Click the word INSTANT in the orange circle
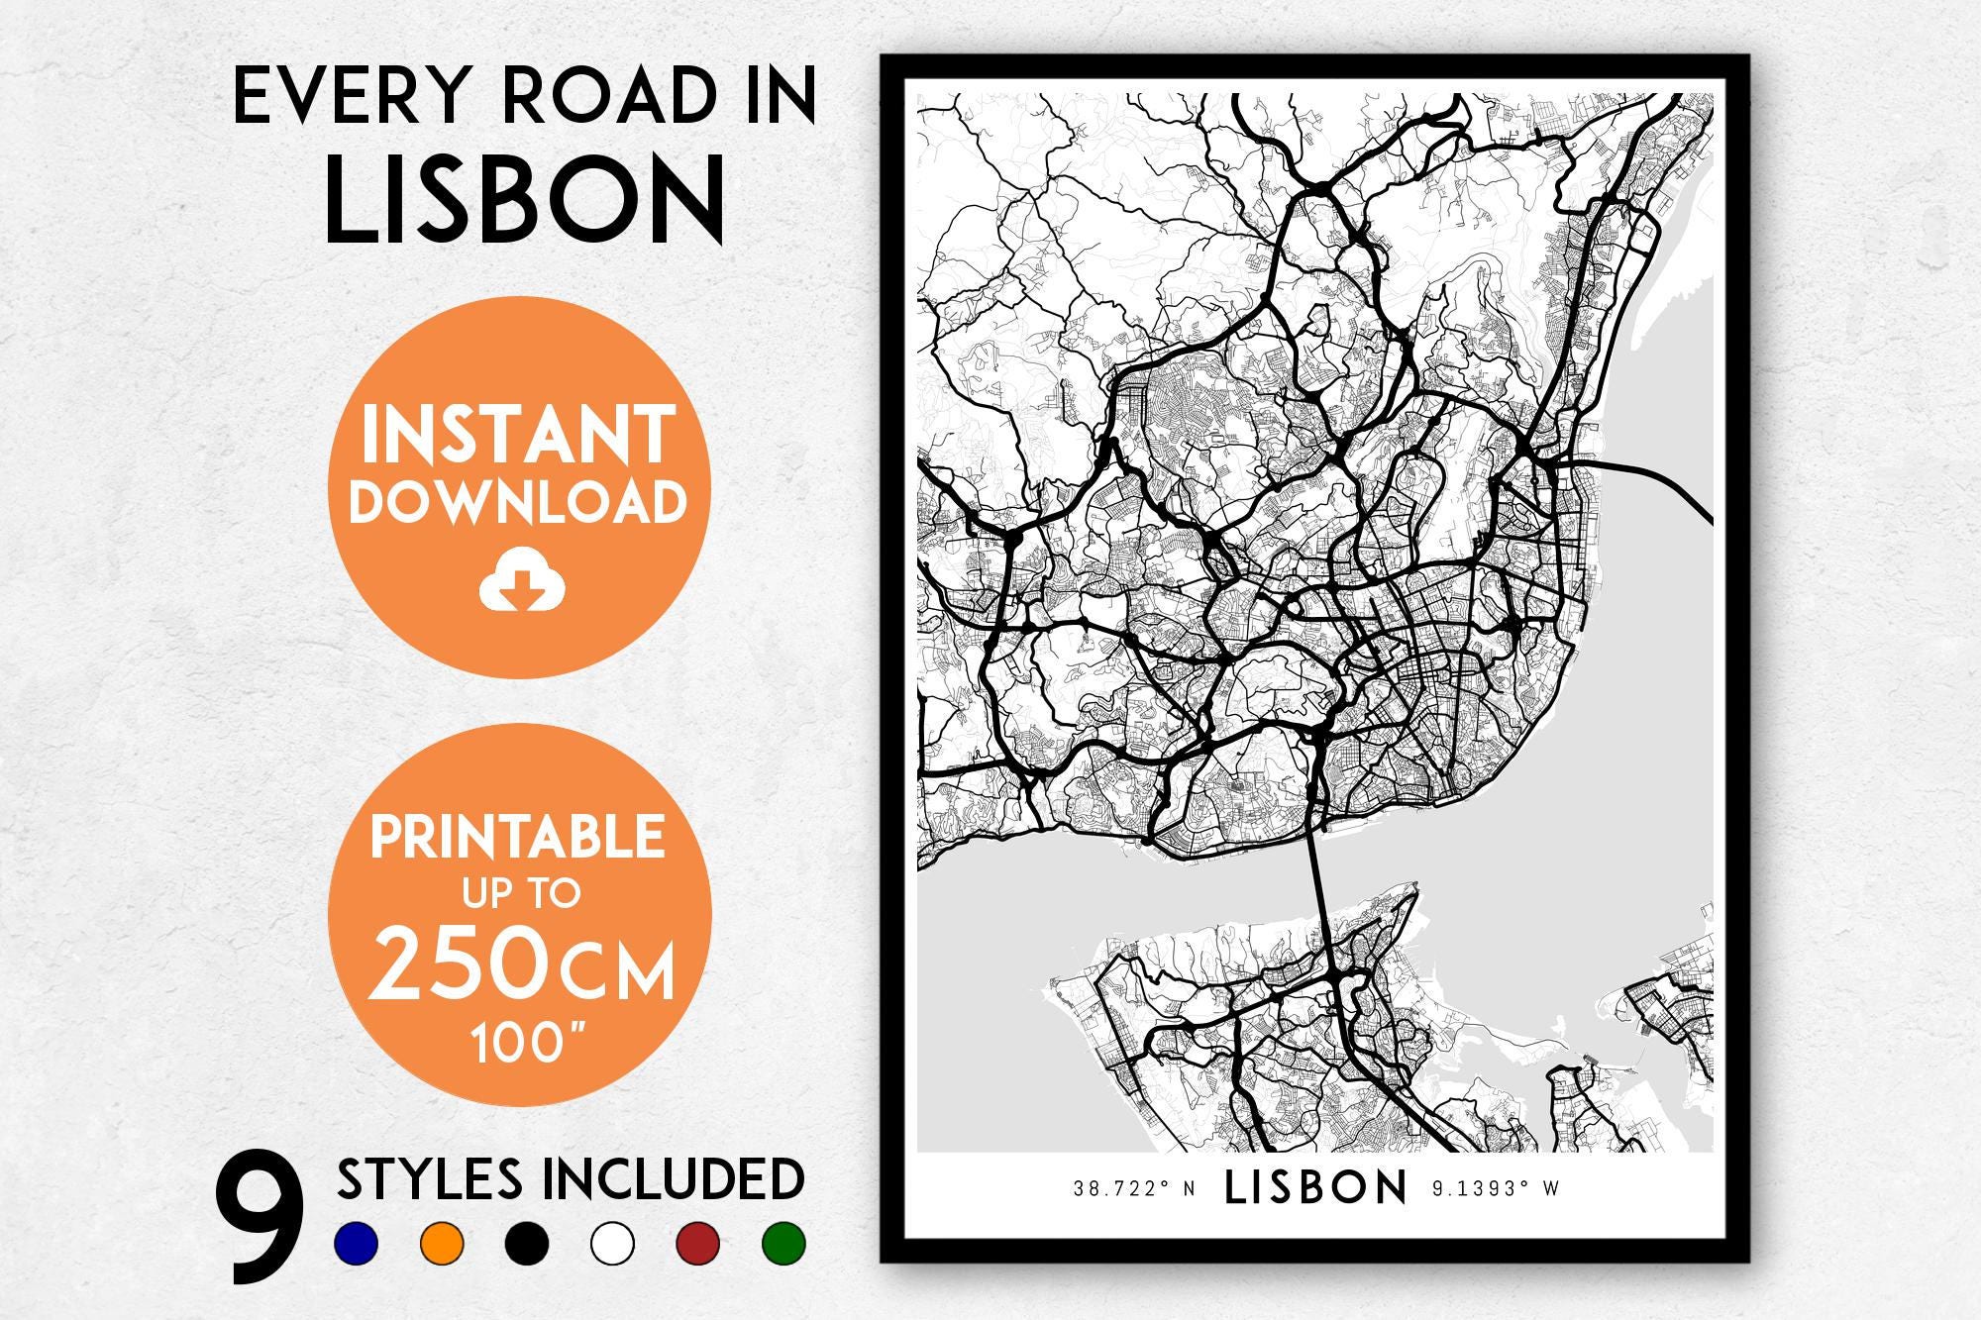518,437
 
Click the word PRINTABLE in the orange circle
518,838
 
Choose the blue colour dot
357,1243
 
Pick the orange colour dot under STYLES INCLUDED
442,1243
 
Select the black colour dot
526,1243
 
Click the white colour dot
611,1243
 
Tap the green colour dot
782,1243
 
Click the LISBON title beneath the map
1315,1188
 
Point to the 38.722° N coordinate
1135,1189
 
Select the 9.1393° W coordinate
1496,1189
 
